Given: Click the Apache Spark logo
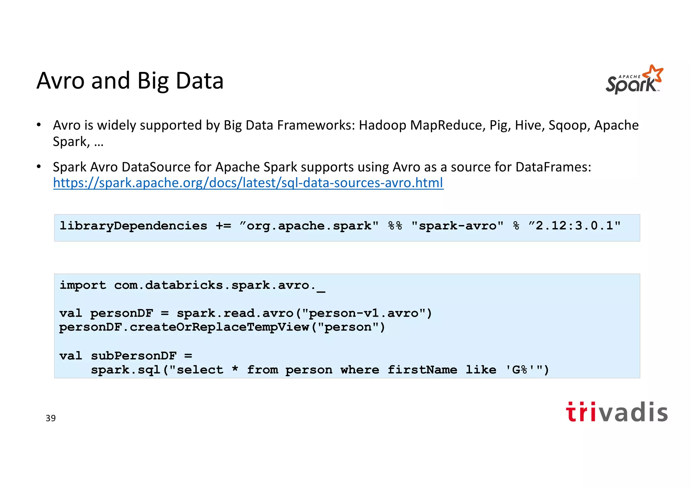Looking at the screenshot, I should tap(634, 80).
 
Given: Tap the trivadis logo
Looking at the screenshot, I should tap(616, 412).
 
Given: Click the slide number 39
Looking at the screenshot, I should tap(51, 418).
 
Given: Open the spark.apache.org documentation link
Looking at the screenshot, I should tap(248, 183).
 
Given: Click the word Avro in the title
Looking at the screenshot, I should tap(60, 81).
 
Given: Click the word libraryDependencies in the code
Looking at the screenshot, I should tap(133, 226).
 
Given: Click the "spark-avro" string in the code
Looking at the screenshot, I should tap(457, 226).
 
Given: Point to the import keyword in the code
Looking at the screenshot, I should tap(83, 285).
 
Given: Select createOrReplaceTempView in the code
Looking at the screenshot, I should tap(219, 327).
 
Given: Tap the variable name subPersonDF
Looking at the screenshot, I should tap(134, 356).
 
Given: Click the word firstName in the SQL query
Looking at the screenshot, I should tap(422, 370).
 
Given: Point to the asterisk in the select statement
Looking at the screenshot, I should tap(235, 369).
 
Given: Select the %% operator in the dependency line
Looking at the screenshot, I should tap(395, 226).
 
